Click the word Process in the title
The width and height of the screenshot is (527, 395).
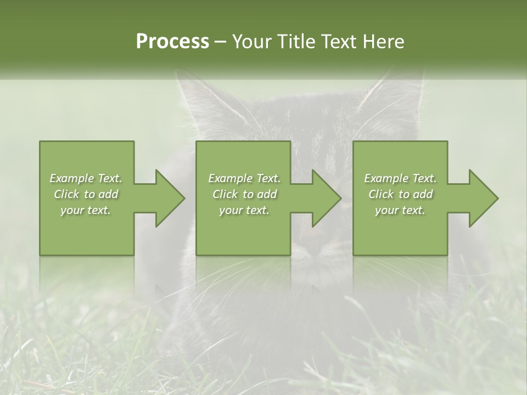pyautogui.click(x=172, y=42)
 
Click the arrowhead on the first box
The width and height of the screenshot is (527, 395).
pyautogui.click(x=167, y=199)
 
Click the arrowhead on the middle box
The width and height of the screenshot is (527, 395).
pyautogui.click(x=324, y=199)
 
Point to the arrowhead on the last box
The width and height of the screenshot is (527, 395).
pyautogui.click(x=481, y=199)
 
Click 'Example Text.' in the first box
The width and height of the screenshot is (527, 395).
pyautogui.click(x=86, y=178)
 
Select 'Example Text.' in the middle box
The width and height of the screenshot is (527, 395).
pyautogui.click(x=244, y=178)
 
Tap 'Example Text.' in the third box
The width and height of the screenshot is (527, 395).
pyautogui.click(x=400, y=178)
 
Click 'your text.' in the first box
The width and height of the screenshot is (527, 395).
pyautogui.click(x=86, y=210)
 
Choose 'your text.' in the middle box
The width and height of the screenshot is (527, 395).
pyautogui.click(x=244, y=210)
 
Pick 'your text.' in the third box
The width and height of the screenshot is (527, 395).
pyautogui.click(x=400, y=210)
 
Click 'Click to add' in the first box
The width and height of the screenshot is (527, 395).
pyautogui.click(x=86, y=194)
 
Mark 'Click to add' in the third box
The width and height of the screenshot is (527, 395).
pyautogui.click(x=400, y=194)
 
